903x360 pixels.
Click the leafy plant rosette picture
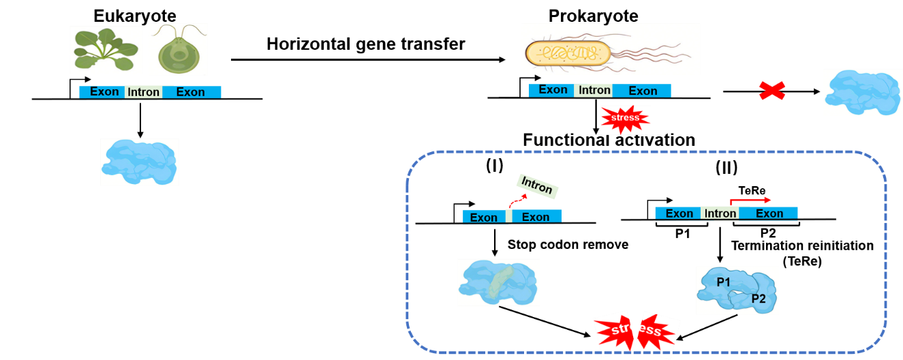106,49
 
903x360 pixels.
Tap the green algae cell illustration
178,49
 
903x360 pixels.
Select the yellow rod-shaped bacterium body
567,53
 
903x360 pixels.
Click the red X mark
772,91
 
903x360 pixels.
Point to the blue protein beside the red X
862,93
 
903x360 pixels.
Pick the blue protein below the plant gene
140,162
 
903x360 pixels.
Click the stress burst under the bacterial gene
625,119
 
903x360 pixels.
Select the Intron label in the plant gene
143,92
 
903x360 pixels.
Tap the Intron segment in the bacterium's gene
594,90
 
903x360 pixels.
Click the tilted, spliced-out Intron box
538,184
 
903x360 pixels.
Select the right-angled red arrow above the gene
750,200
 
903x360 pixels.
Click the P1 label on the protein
723,281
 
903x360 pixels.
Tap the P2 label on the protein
759,299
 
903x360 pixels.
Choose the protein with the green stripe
498,282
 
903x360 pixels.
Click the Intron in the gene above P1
720,213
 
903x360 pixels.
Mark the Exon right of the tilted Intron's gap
536,217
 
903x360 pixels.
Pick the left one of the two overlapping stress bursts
616,333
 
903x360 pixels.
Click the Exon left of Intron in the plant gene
104,91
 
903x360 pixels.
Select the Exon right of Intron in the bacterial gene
643,91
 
